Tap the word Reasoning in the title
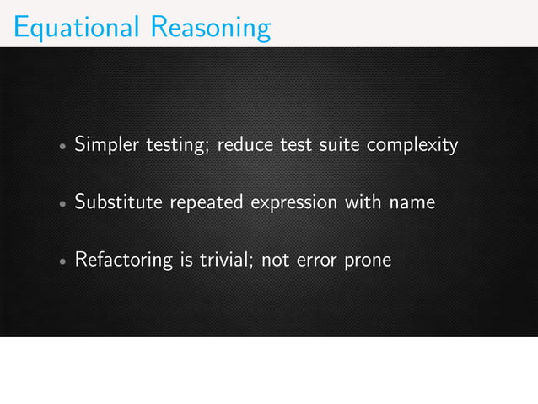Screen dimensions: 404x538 tap(211, 29)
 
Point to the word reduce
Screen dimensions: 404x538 tap(245, 145)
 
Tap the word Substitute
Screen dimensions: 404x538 tap(119, 202)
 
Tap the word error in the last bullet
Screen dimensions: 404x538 tap(314, 261)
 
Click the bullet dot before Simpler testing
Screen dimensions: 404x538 tap(62, 147)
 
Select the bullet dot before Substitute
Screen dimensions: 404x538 tap(62, 204)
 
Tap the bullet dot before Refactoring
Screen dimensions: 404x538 tap(62, 261)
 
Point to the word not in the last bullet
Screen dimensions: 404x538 tap(276, 260)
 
